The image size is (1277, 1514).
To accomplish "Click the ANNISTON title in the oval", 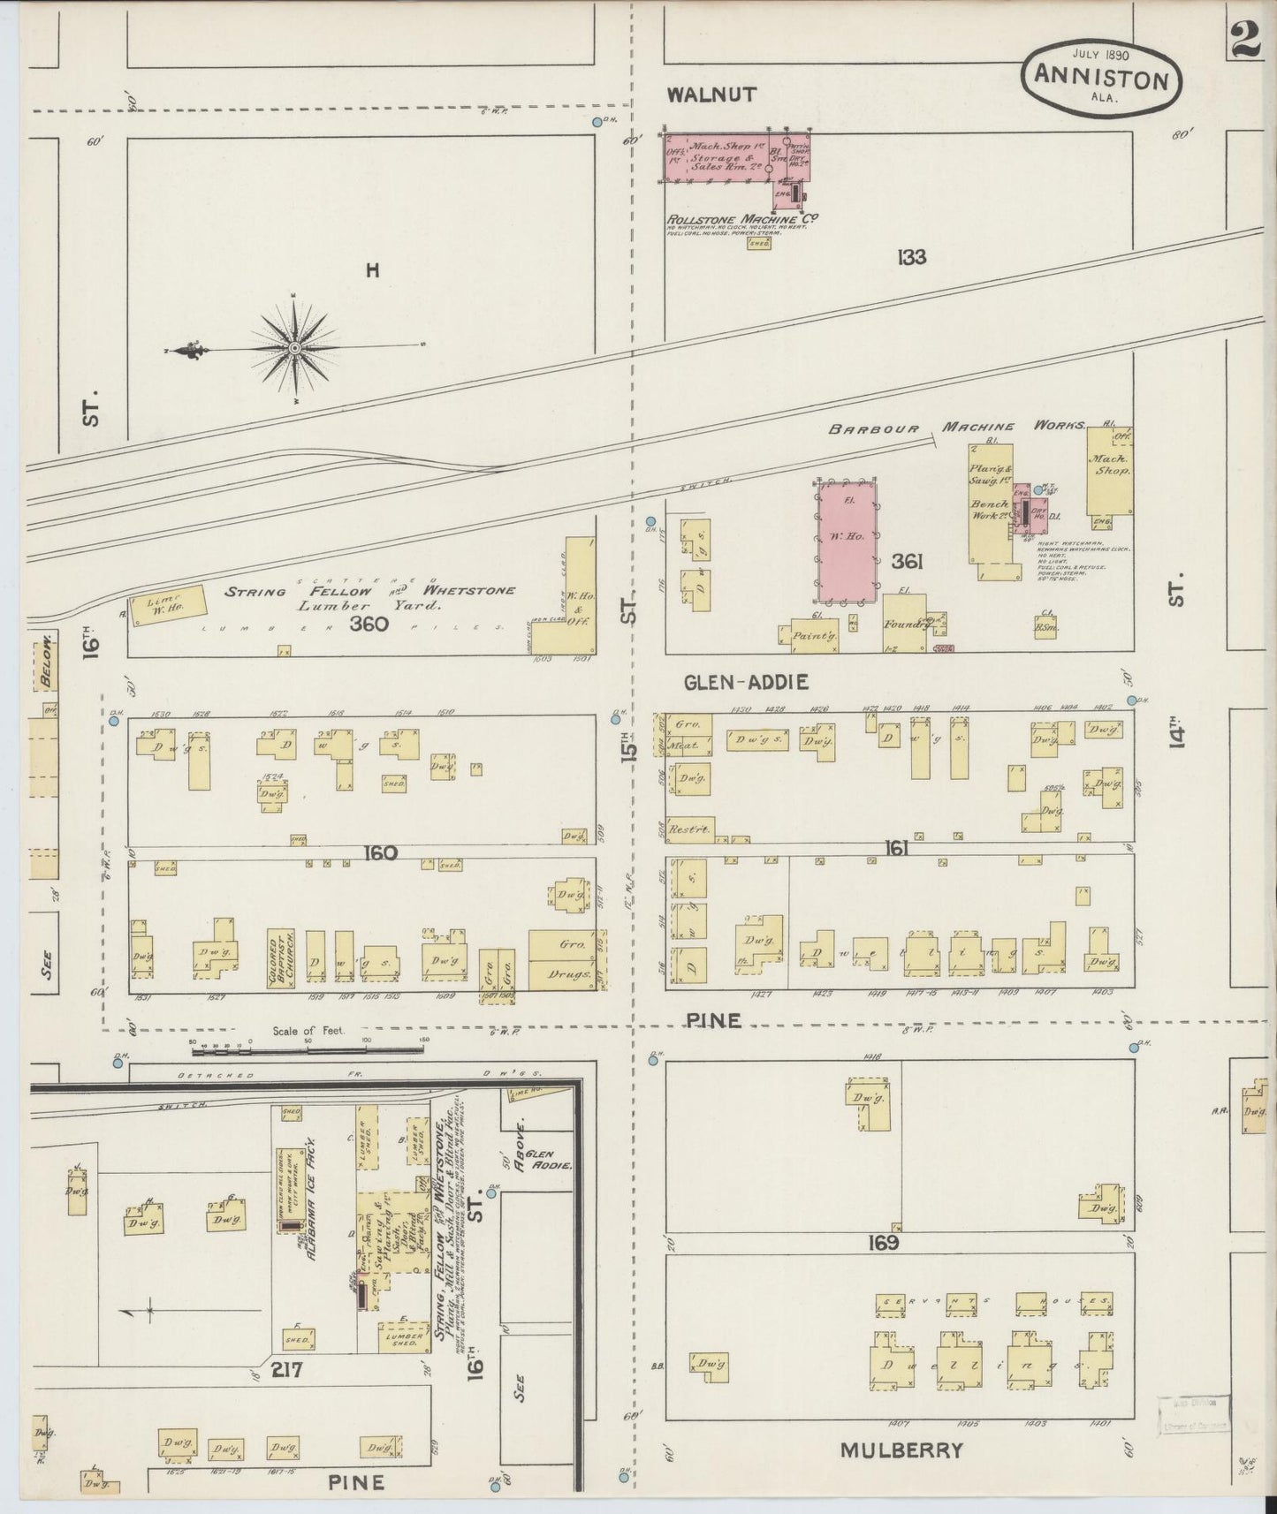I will tap(1100, 79).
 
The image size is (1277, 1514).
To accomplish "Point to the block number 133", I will tap(911, 257).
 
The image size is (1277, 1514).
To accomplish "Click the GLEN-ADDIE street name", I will tap(746, 681).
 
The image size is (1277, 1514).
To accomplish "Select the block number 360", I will tap(369, 624).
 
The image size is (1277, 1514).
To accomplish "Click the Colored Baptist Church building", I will tap(280, 957).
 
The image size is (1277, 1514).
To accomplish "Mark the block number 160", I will tap(380, 852).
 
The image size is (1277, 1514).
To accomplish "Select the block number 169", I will tap(883, 1243).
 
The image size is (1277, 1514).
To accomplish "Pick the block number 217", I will tap(288, 1371).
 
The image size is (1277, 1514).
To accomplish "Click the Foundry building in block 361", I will tap(903, 622).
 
